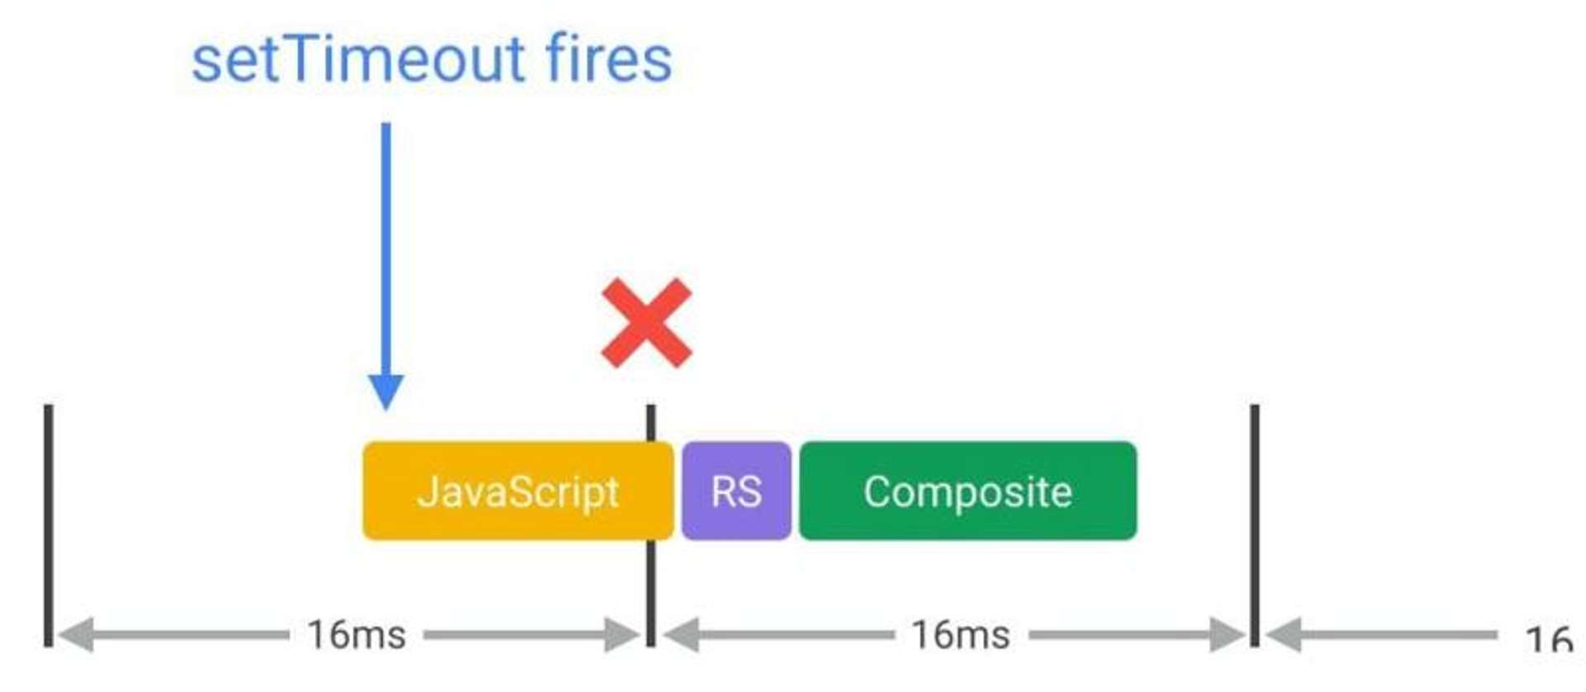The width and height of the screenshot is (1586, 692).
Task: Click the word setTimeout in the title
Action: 359,59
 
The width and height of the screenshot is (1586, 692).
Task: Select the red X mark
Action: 647,323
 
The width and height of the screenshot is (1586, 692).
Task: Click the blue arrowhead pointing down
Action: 386,392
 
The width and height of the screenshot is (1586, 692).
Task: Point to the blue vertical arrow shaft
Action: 386,249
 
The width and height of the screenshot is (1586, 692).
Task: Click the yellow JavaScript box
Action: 518,491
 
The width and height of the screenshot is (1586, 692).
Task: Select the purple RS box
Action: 736,491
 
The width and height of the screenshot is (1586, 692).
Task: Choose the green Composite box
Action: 968,491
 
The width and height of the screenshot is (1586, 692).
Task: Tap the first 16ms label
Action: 357,635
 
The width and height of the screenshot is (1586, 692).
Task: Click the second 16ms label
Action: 961,635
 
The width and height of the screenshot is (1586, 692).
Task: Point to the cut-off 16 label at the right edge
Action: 1550,639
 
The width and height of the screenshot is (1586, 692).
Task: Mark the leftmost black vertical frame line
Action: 49,525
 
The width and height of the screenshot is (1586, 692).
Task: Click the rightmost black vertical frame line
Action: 1255,525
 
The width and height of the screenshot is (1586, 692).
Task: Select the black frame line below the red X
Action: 651,525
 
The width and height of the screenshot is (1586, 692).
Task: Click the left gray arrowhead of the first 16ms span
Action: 75,635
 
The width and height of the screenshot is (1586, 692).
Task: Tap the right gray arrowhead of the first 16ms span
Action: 623,635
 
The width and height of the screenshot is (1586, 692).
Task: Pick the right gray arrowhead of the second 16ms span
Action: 1227,635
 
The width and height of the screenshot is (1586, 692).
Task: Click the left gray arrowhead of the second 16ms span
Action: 681,635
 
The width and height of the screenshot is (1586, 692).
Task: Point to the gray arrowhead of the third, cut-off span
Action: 1284,635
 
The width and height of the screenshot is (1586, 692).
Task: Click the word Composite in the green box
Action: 968,492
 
